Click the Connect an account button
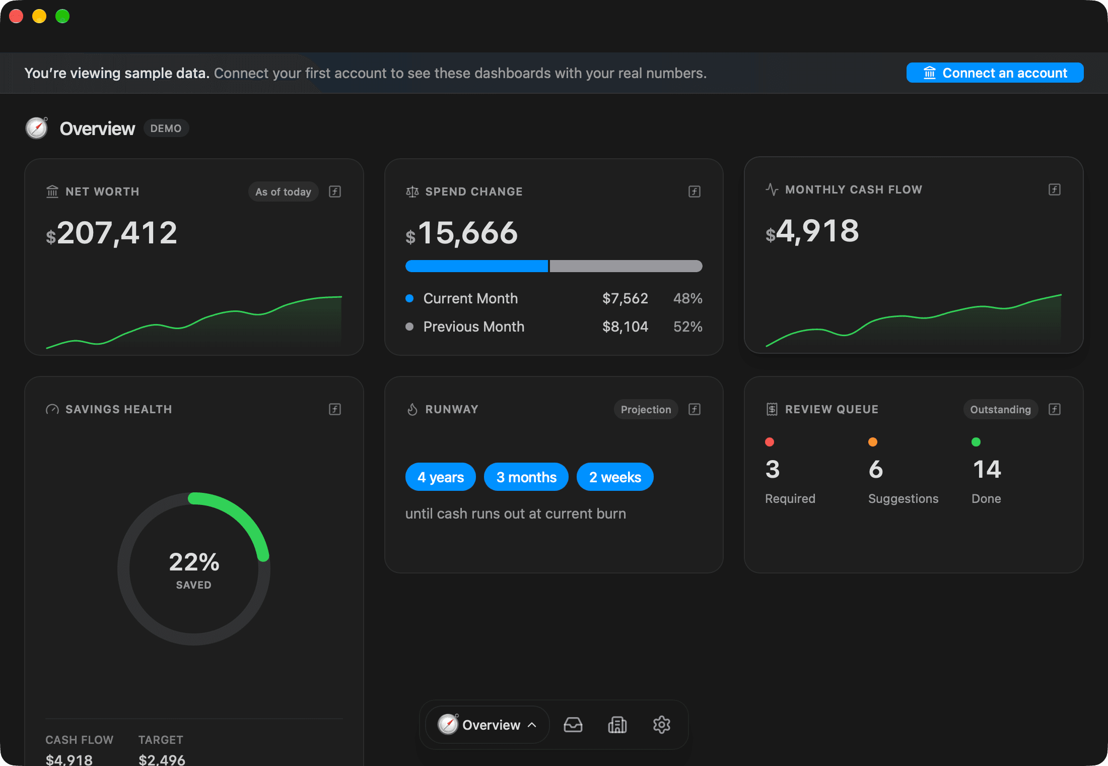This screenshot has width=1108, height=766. [x=995, y=73]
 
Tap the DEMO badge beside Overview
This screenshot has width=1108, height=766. [x=166, y=129]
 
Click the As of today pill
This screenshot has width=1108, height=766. [x=283, y=191]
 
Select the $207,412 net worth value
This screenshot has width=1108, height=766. [x=112, y=233]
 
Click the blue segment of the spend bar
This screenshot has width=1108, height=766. [x=476, y=266]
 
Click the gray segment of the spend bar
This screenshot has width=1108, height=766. [x=626, y=266]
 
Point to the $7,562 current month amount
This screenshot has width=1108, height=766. [x=625, y=298]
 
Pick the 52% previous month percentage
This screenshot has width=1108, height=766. [x=688, y=327]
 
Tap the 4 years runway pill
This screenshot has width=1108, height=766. [x=441, y=477]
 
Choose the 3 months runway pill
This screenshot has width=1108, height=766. [x=526, y=477]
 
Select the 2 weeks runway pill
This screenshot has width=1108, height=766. [x=615, y=477]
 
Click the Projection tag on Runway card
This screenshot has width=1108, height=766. [x=646, y=409]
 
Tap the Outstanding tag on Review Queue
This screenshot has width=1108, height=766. [x=1000, y=409]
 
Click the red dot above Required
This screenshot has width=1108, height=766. [x=770, y=442]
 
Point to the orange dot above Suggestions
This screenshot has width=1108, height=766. [x=873, y=442]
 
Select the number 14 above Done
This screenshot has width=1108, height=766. [x=987, y=469]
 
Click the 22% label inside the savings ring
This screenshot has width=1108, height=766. [x=194, y=562]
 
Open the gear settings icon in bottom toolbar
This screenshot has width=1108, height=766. [x=662, y=725]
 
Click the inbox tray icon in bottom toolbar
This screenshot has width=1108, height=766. [x=573, y=725]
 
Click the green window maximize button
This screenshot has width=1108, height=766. [x=62, y=16]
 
